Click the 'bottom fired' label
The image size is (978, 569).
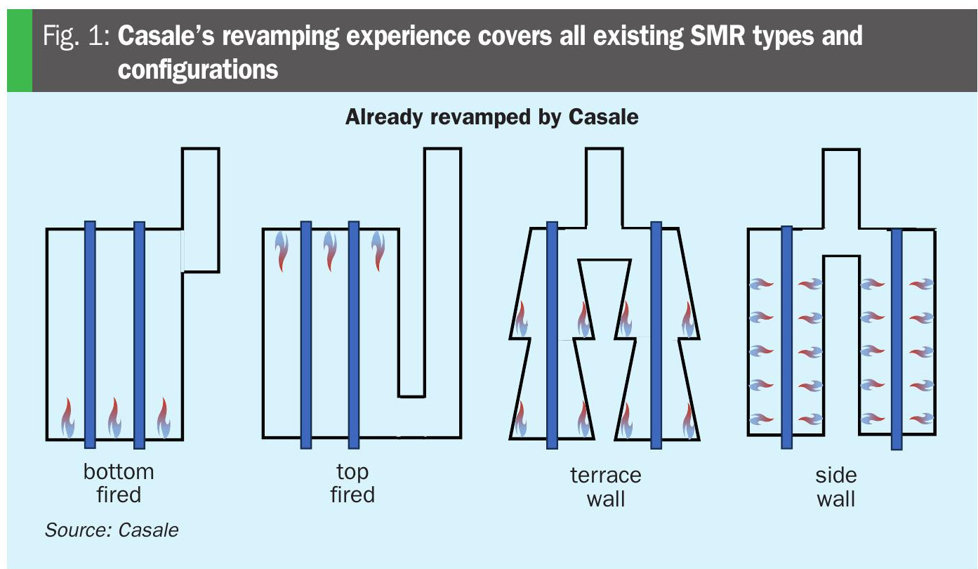(119, 483)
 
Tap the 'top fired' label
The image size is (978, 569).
(352, 483)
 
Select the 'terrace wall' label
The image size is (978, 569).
(606, 487)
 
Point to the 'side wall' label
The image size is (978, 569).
(835, 487)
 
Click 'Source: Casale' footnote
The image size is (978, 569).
(112, 530)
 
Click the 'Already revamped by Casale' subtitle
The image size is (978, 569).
(491, 117)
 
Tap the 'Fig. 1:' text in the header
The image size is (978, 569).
(76, 36)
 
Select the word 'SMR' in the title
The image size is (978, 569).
(718, 36)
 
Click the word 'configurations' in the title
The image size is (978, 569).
(198, 70)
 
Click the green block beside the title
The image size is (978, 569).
(20, 50)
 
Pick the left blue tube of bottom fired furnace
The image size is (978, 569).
(90, 334)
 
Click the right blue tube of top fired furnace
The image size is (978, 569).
(354, 335)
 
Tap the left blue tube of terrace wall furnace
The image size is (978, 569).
(553, 335)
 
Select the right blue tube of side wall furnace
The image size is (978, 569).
(897, 339)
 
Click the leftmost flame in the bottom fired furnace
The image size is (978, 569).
(67, 418)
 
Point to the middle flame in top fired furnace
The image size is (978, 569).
(331, 251)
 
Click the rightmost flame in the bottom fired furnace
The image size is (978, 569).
(164, 418)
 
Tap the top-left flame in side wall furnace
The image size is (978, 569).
(761, 284)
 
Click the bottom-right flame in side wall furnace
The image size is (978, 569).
(922, 419)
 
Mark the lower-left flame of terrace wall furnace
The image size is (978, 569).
(520, 419)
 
